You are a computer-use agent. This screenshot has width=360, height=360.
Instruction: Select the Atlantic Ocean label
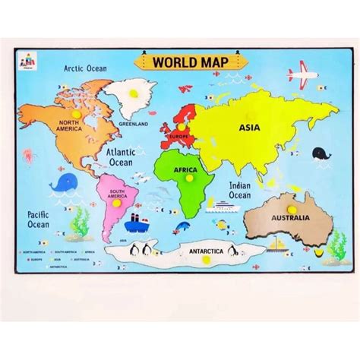(120, 156)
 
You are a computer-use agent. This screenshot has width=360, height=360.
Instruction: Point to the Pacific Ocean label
(39, 219)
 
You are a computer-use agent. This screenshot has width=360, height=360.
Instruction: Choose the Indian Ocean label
(239, 190)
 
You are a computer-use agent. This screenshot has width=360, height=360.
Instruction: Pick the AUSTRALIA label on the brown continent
(291, 218)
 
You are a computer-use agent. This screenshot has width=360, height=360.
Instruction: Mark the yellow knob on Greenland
(134, 93)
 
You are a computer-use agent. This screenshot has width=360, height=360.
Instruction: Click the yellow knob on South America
(117, 201)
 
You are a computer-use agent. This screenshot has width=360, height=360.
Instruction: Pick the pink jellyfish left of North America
(29, 155)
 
